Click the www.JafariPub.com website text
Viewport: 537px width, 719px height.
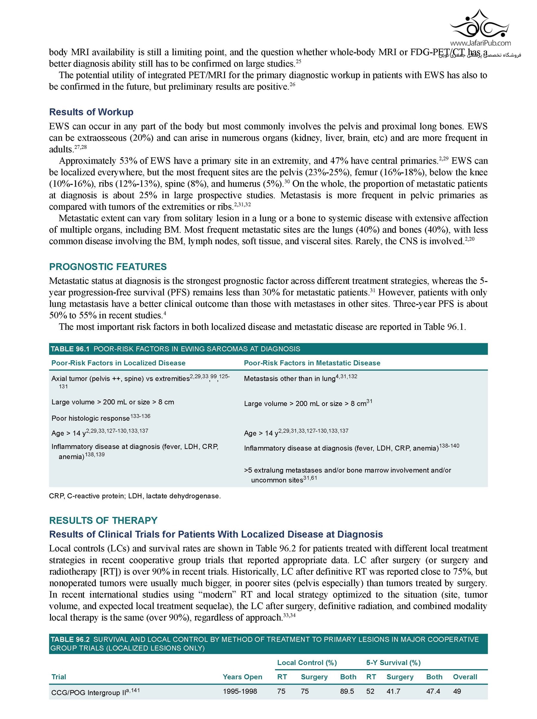tap(480, 43)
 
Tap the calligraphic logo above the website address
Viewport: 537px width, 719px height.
tap(480, 24)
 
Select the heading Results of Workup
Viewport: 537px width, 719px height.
tap(91, 112)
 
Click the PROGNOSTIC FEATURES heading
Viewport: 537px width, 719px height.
tap(108, 267)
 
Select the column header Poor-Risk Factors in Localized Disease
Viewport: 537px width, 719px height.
tap(118, 363)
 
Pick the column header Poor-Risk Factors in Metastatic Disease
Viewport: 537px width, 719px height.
tap(312, 363)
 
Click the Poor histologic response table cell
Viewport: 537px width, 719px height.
tap(91, 418)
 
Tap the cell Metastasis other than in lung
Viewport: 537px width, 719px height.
tap(289, 379)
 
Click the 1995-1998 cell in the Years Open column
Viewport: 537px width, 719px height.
tap(240, 691)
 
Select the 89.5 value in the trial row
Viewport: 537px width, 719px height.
tap(347, 691)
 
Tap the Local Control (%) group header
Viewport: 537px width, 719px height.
tap(307, 663)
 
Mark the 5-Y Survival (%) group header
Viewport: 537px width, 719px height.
tap(393, 663)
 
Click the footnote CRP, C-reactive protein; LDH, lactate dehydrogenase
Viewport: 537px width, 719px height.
tap(135, 496)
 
